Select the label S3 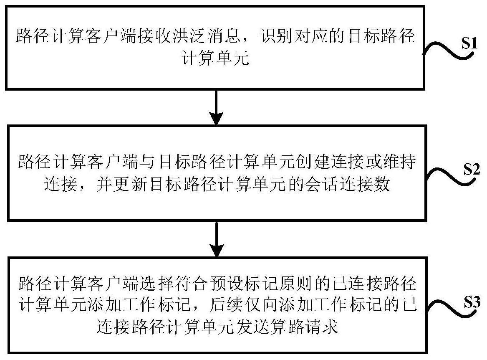472,302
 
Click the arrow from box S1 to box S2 217,107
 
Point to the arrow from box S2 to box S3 217,239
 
